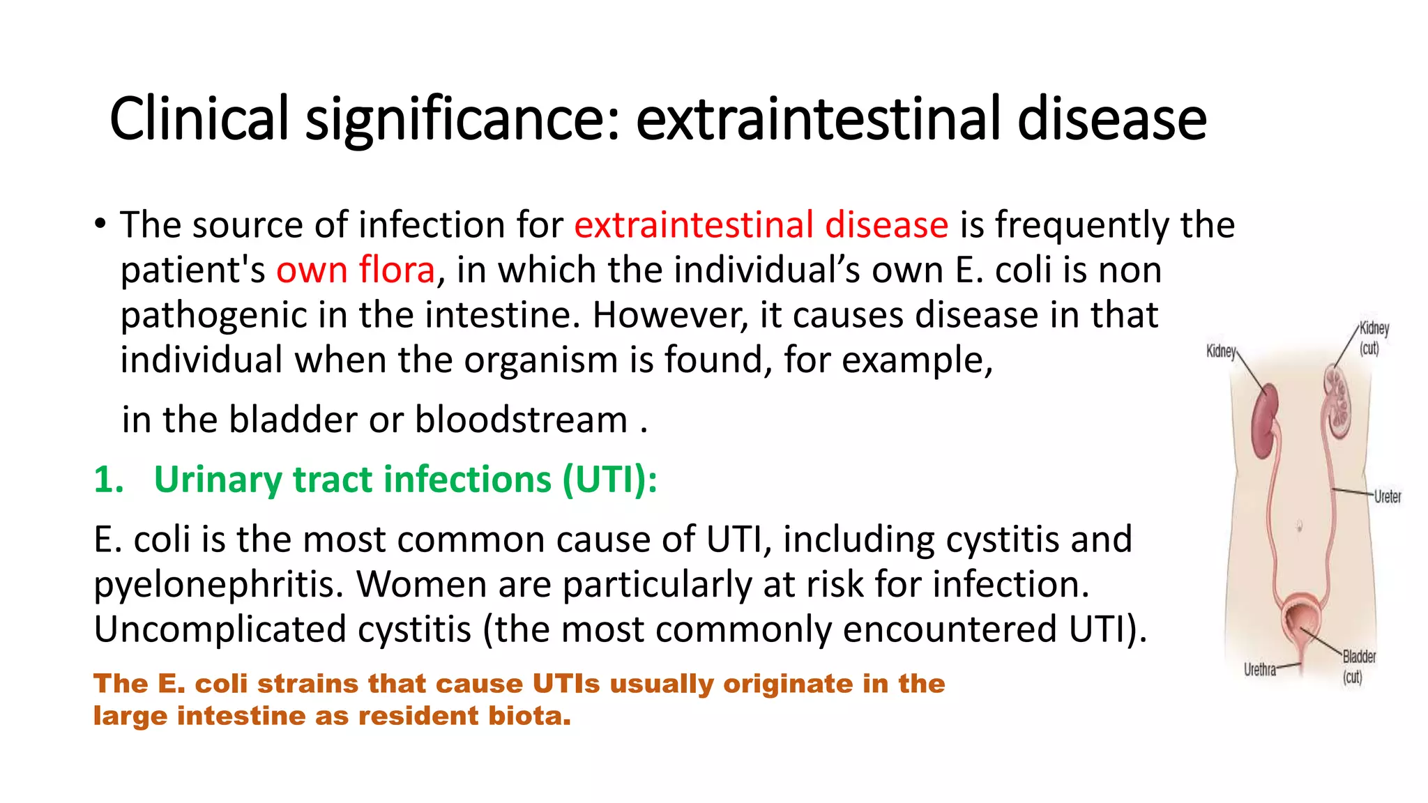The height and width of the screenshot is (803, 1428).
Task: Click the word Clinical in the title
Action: [x=199, y=118]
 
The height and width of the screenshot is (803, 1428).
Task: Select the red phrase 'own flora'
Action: [x=356, y=270]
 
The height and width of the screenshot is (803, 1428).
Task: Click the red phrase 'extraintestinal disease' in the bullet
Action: [x=761, y=224]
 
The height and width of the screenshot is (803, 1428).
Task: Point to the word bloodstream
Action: [x=521, y=420]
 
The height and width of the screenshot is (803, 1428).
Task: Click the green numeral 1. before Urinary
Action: [x=109, y=480]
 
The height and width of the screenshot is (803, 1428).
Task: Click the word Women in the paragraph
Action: [x=420, y=583]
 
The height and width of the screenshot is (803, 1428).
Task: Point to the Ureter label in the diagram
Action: [x=1387, y=496]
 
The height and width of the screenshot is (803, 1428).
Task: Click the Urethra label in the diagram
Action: [x=1259, y=670]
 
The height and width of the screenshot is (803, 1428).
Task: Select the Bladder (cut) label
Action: [x=1358, y=666]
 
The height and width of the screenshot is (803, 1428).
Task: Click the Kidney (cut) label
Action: [x=1373, y=337]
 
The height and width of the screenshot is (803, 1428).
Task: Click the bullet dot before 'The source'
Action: [x=101, y=224]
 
